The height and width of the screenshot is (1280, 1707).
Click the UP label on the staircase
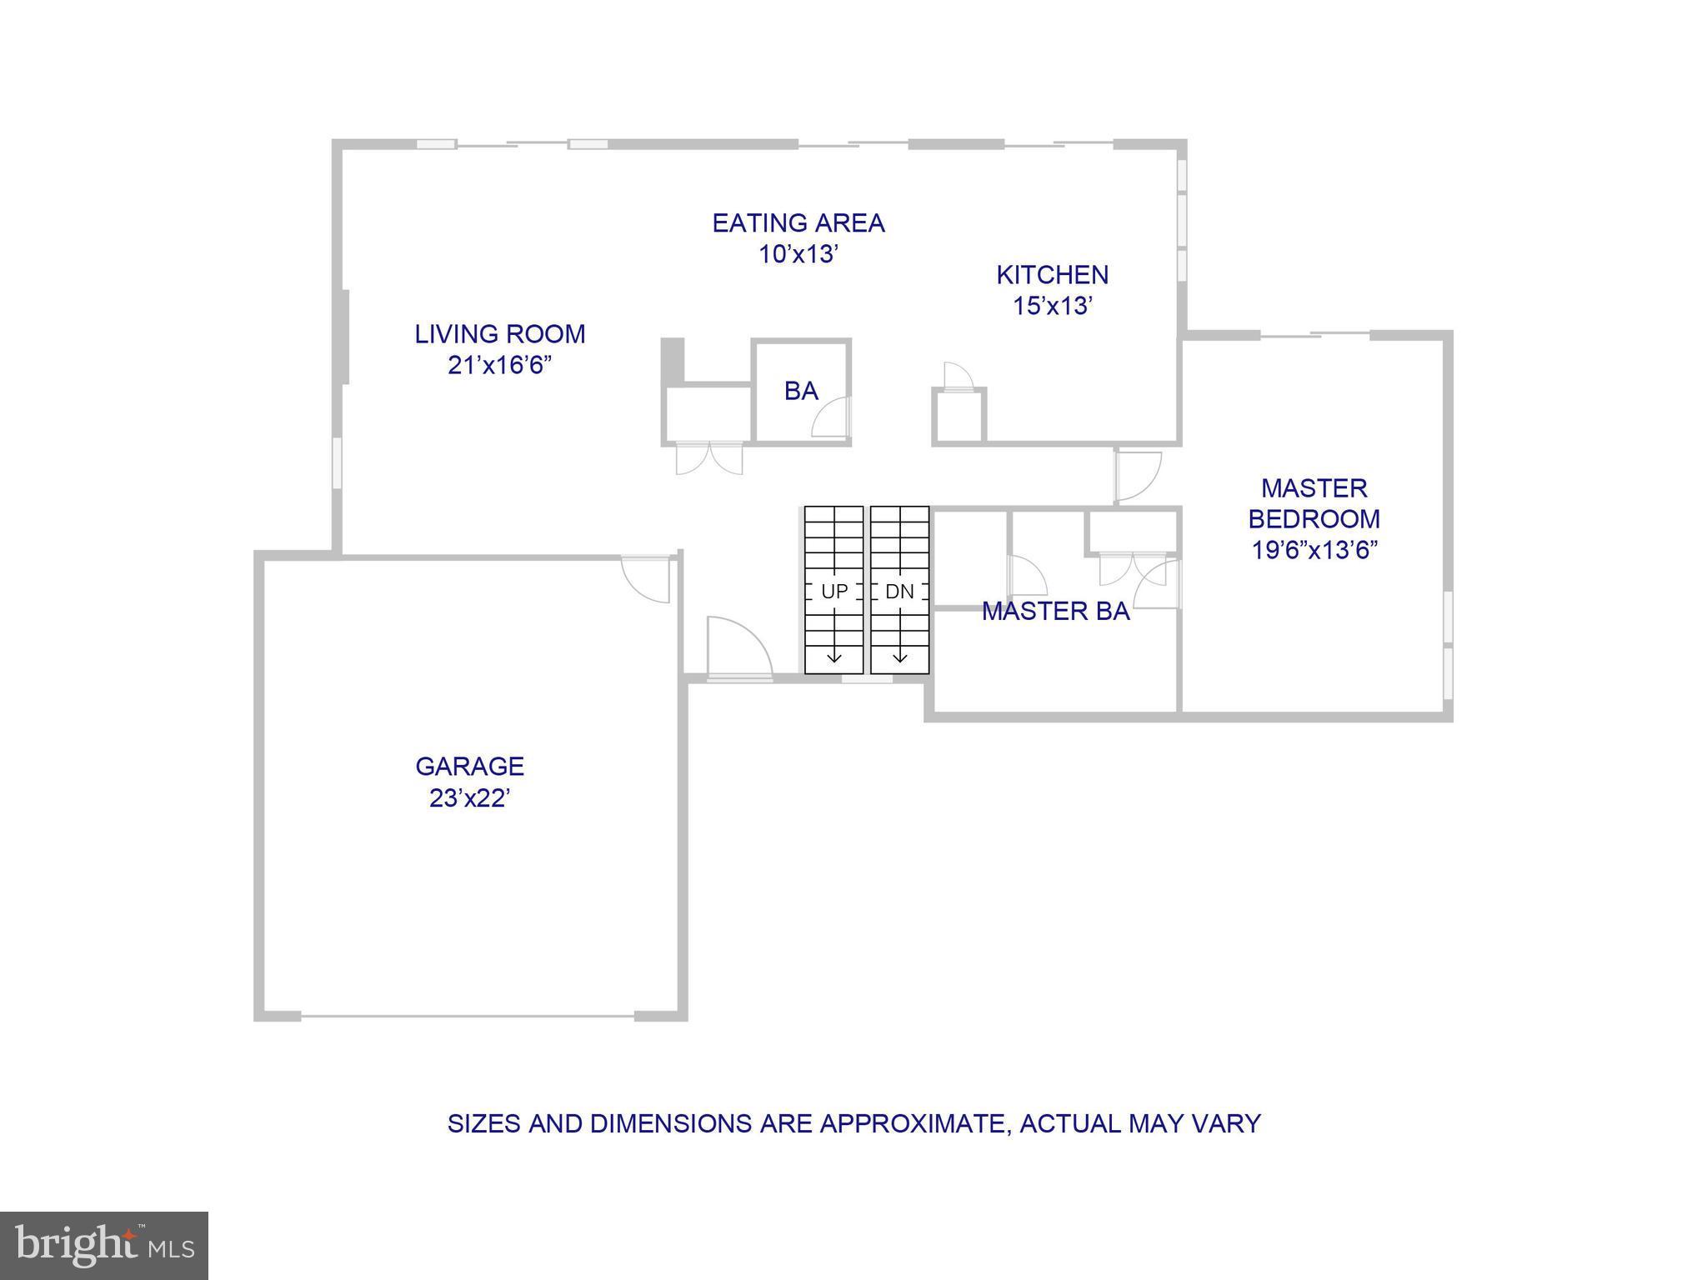click(x=833, y=592)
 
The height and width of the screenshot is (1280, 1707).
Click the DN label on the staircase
click(x=899, y=592)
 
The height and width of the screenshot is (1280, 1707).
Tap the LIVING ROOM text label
click(x=500, y=334)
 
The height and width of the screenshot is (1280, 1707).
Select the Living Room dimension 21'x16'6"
click(x=500, y=365)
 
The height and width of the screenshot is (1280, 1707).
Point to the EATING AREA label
click(x=798, y=223)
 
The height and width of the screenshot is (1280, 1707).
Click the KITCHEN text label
click(x=1052, y=275)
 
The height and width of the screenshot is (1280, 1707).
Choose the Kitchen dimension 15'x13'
click(x=1052, y=306)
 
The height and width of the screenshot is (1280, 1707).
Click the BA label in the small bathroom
click(x=801, y=391)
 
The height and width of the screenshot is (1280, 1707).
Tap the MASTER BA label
click(x=1055, y=611)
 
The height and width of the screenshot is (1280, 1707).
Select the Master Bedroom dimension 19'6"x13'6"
click(x=1314, y=550)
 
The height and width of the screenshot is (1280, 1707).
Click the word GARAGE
click(x=469, y=766)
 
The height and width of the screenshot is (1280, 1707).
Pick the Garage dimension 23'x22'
click(x=469, y=798)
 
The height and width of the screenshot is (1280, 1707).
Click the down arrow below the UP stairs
click(x=833, y=657)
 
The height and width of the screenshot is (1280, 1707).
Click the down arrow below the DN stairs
click(x=899, y=657)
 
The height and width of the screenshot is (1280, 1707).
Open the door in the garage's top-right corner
click(x=648, y=578)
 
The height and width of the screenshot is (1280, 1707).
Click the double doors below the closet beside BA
click(x=708, y=458)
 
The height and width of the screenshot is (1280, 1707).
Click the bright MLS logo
click(x=104, y=1245)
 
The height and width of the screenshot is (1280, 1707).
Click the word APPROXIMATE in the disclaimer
click(x=915, y=1123)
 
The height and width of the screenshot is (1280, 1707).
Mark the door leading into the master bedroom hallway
click(x=1138, y=476)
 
